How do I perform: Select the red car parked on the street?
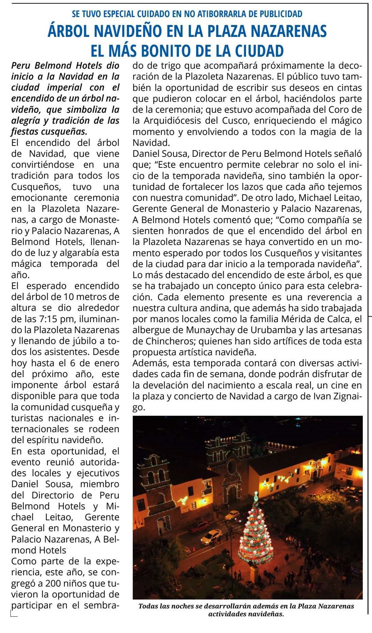pos(199,526)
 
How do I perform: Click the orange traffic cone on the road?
pos(193,550)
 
